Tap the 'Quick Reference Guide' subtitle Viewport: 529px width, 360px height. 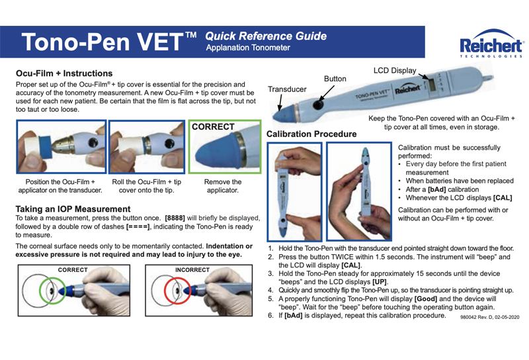coord(266,36)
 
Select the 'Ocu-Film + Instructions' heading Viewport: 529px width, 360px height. coord(63,73)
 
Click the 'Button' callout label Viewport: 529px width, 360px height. coord(335,79)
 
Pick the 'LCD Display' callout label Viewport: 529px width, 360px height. coord(394,70)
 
